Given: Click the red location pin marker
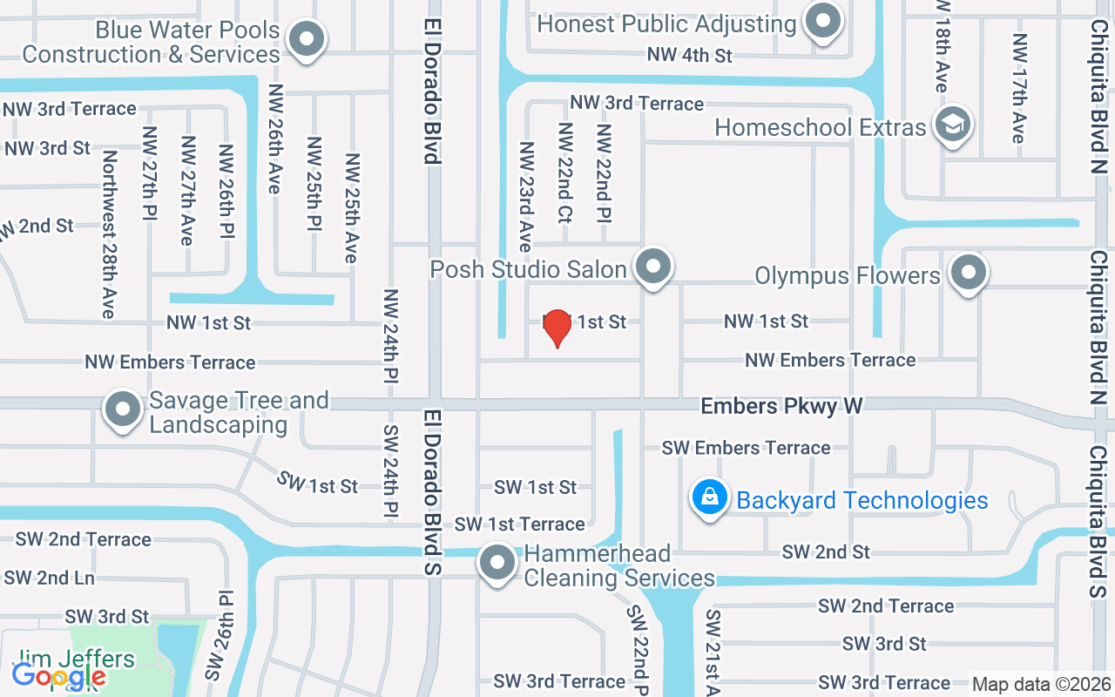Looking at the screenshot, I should click(x=557, y=327).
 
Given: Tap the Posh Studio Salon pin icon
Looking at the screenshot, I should click(x=652, y=266).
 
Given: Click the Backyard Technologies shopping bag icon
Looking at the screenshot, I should click(x=710, y=497).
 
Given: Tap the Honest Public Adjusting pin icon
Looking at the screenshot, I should click(x=821, y=20).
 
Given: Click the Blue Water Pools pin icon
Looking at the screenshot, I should click(x=306, y=39).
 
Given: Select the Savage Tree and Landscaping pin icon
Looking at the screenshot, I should click(x=123, y=409).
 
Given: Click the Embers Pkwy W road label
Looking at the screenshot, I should click(x=781, y=406).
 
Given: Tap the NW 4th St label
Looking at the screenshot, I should click(x=689, y=55).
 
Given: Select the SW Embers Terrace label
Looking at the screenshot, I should click(x=746, y=448).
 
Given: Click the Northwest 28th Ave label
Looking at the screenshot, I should click(x=110, y=233).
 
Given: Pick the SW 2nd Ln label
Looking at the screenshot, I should click(x=50, y=578).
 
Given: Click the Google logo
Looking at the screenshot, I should click(x=58, y=675).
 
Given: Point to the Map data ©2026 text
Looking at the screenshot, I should click(x=1042, y=684).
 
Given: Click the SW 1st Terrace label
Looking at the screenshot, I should click(x=519, y=524).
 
